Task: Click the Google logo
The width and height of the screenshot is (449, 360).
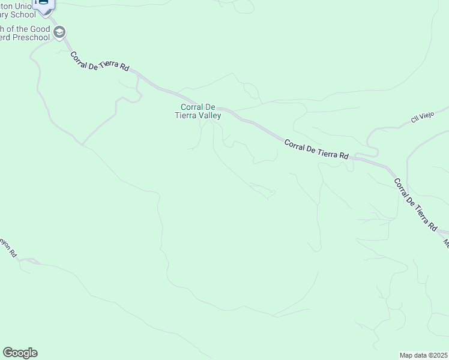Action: pyautogui.click(x=20, y=353)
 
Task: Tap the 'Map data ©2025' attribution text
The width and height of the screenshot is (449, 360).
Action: pyautogui.click(x=423, y=355)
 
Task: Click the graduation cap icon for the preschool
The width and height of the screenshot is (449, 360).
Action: pyautogui.click(x=59, y=32)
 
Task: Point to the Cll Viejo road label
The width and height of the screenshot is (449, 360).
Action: pyautogui.click(x=422, y=118)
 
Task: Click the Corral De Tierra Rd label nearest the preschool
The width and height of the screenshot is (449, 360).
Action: pyautogui.click(x=100, y=62)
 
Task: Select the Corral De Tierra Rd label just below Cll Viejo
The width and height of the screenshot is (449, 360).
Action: pyautogui.click(x=316, y=149)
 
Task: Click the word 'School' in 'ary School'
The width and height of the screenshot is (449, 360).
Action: pyautogui.click(x=29, y=14)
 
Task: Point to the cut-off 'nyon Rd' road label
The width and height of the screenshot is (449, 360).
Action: pyautogui.click(x=8, y=248)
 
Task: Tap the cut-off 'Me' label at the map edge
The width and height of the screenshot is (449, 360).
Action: pyautogui.click(x=446, y=243)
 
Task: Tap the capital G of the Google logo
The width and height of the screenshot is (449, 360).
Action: pyautogui.click(x=8, y=353)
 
